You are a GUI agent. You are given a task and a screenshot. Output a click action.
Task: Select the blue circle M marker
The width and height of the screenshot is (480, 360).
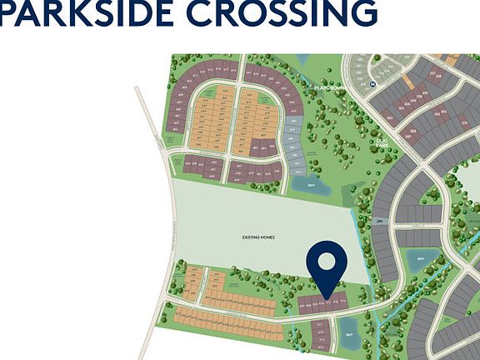pyautogui.click(x=373, y=84)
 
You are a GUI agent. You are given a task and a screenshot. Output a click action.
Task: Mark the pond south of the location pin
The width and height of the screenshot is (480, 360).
pyautogui.click(x=349, y=340)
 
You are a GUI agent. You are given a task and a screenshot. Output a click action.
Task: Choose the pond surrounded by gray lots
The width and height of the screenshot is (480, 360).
pyautogui.click(x=422, y=260)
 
